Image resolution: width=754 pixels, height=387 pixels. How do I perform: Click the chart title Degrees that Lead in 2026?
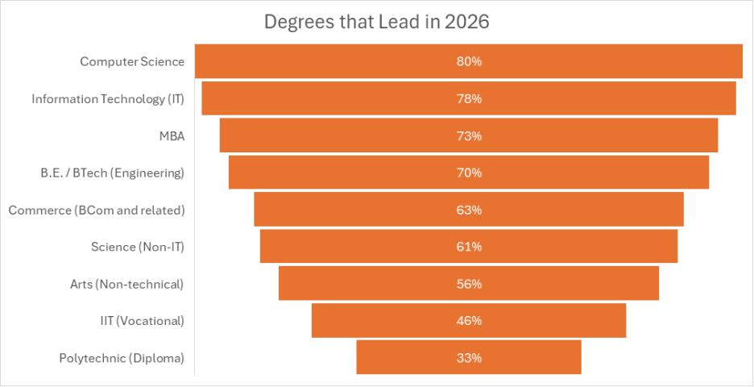[377, 22]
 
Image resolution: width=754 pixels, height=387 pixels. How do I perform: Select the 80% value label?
[469, 61]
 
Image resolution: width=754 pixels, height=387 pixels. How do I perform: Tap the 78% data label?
[469, 98]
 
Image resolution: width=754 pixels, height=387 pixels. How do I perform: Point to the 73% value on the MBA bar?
[469, 135]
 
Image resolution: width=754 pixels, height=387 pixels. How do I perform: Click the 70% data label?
[469, 173]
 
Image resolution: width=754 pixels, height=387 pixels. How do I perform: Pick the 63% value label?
[469, 210]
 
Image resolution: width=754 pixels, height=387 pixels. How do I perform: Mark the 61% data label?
[469, 247]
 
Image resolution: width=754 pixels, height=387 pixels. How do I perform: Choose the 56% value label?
[469, 284]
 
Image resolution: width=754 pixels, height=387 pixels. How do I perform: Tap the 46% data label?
[469, 321]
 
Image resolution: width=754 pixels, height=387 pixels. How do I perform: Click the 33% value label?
[469, 358]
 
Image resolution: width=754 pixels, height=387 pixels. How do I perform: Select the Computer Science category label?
[132, 61]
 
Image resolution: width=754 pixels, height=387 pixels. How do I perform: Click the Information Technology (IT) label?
[108, 98]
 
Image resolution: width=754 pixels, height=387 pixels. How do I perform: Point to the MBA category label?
[172, 135]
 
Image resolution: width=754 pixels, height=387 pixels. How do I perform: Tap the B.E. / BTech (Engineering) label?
[112, 173]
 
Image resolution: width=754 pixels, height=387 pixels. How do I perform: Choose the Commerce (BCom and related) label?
[97, 210]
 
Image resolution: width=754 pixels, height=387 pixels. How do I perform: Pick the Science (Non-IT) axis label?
[138, 247]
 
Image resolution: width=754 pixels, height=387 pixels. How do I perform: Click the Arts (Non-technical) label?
[127, 284]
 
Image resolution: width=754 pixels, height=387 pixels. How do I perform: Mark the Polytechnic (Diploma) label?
[122, 358]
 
